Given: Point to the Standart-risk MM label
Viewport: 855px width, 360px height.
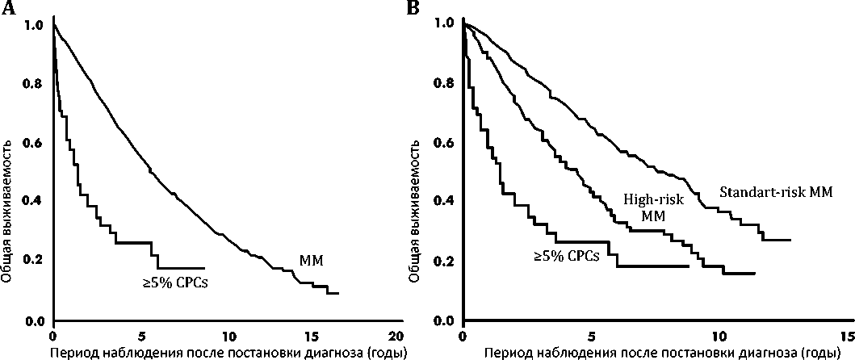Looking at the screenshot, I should coord(777,194).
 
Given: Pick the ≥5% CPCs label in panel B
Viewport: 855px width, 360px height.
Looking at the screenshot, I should coord(568,257).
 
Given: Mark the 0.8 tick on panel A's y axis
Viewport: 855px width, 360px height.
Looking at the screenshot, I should coord(33,83).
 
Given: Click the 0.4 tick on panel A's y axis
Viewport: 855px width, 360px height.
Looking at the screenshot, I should coord(33,202).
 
